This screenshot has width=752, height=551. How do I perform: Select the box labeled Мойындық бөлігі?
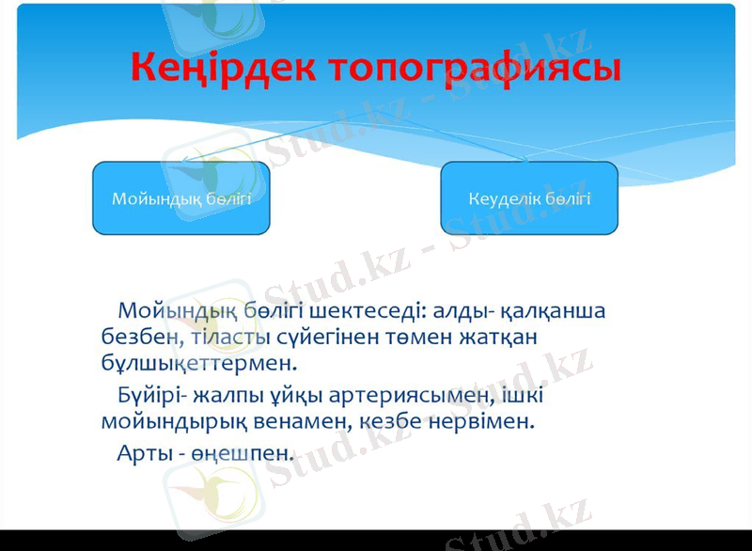(x=181, y=198)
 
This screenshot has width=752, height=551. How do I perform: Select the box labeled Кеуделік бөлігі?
(x=529, y=198)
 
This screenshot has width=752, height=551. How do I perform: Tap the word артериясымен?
(x=399, y=395)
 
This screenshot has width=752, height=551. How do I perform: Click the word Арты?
(x=142, y=451)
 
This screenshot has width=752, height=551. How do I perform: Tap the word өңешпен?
(x=243, y=452)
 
